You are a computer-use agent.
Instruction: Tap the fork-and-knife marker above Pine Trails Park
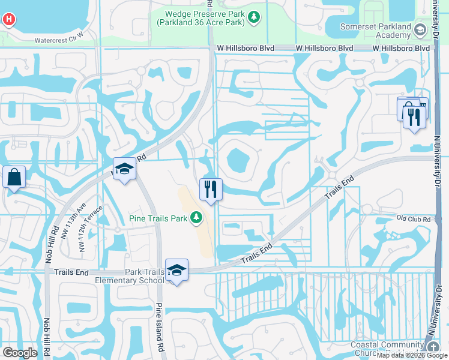click(x=210, y=189)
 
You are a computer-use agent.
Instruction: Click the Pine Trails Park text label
click(x=158, y=218)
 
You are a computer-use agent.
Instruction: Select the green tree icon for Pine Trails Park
click(x=196, y=218)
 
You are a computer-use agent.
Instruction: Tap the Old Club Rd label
click(x=414, y=219)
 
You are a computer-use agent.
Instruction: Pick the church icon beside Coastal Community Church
click(x=432, y=347)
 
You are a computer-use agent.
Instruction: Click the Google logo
click(x=19, y=353)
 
